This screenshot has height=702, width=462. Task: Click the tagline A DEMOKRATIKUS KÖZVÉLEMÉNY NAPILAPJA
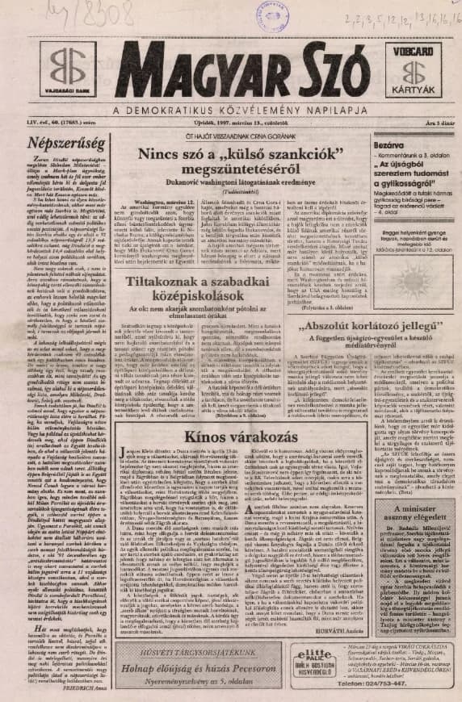(x=239, y=111)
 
